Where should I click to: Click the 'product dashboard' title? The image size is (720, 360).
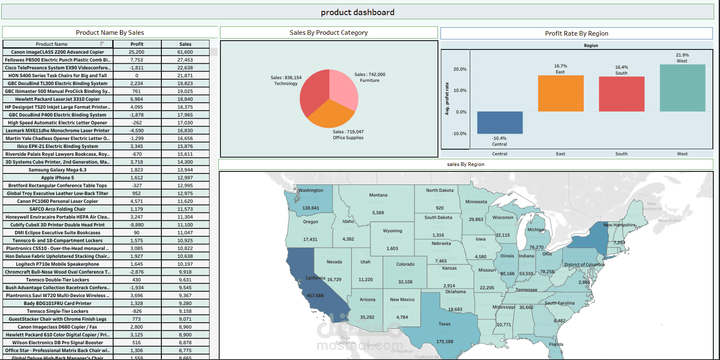tap(357, 12)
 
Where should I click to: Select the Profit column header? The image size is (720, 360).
tap(137, 44)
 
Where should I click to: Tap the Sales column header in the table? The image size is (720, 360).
tap(185, 44)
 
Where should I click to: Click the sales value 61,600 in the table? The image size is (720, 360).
tap(185, 52)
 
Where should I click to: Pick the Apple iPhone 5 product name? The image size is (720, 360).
tap(57, 178)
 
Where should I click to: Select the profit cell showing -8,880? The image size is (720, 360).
tap(137, 225)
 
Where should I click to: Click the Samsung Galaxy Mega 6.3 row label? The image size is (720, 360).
tap(57, 170)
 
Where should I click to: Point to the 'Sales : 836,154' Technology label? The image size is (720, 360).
tap(286, 78)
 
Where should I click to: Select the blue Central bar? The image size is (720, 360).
tap(500, 122)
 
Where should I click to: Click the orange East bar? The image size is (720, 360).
tap(560, 93)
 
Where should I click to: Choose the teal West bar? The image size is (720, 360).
tap(682, 88)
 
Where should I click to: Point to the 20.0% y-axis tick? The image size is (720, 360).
tap(460, 69)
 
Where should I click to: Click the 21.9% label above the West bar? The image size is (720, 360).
tap(682, 55)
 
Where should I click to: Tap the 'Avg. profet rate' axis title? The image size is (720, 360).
tap(447, 99)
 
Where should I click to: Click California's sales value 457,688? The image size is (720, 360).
tap(315, 295)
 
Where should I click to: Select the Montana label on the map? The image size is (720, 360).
tap(378, 195)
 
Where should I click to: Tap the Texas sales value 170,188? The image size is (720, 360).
tap(445, 342)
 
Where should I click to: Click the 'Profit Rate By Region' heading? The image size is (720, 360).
tap(576, 34)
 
